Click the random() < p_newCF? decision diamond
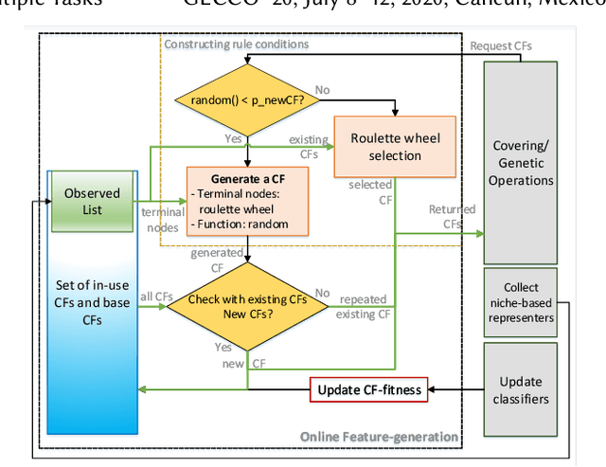click(x=247, y=100)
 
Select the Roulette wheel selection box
click(x=395, y=147)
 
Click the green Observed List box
click(x=92, y=200)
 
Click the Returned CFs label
click(x=446, y=217)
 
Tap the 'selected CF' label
click(x=369, y=191)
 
